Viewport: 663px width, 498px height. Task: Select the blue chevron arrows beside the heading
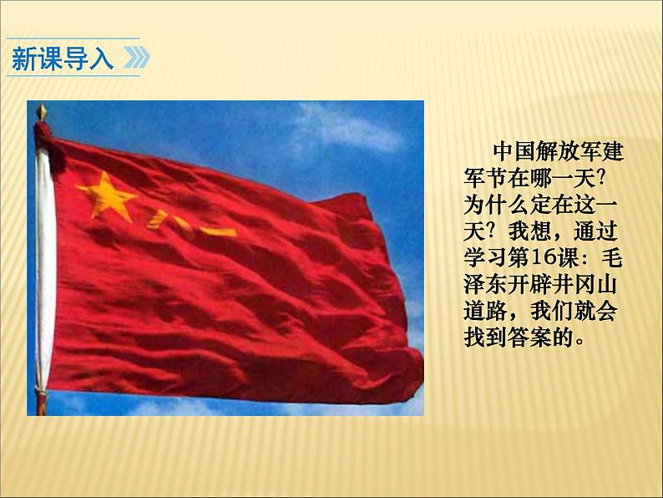point(135,58)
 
